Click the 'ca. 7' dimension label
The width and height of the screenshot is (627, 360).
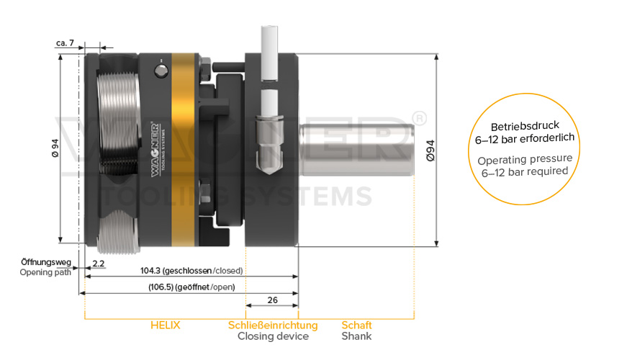pos(66,42)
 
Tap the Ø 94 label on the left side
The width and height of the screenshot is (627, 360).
pos(55,148)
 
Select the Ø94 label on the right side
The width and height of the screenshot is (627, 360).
pos(430,150)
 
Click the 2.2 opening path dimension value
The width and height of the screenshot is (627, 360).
pos(99,264)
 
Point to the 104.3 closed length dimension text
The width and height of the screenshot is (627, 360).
pos(191,271)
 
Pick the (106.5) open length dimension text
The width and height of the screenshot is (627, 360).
pos(191,287)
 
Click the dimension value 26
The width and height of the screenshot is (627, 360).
pos(272,300)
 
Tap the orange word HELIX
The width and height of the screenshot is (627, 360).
pos(165,325)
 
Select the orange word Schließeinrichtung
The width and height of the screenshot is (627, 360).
pos(273,325)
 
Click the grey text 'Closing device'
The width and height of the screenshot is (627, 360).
pos(273,336)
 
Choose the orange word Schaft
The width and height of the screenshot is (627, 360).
pos(356,325)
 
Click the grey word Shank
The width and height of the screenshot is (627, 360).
pos(356,336)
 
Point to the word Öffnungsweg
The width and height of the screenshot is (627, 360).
pos(46,262)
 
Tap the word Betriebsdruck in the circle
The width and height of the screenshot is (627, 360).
pos(525,127)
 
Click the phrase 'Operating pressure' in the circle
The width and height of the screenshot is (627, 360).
pos(525,159)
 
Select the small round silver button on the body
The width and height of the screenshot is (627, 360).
pos(161,71)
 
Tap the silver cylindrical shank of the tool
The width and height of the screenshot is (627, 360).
pos(356,150)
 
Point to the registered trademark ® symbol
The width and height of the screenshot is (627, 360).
pos(419,119)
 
